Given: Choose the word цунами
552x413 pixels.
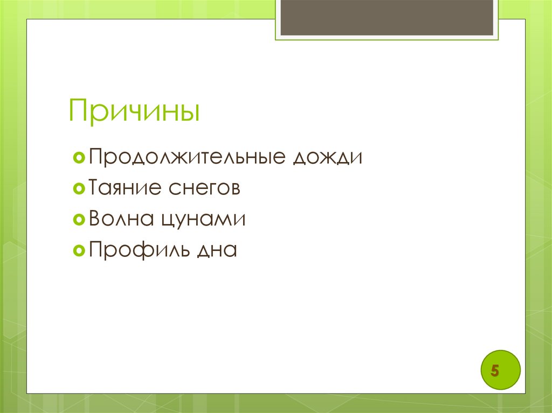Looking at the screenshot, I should [203, 220].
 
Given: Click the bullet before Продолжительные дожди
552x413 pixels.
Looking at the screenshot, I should [79, 158].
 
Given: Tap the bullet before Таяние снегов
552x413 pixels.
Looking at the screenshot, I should [79, 189].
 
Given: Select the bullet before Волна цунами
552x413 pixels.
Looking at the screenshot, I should [79, 220].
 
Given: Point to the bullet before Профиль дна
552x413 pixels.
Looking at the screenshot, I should [79, 250].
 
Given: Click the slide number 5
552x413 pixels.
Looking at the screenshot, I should [494, 372].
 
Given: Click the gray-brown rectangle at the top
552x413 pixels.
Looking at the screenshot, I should [387, 18].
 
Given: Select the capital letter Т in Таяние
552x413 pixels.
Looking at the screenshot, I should [96, 188].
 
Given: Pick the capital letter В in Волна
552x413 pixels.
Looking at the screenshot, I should [96, 219].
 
